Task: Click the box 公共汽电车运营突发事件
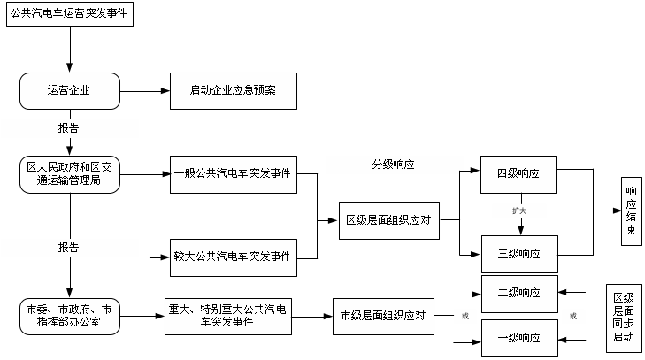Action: coord(69,16)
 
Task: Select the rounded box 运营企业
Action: coord(69,90)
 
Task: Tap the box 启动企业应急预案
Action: coord(233,90)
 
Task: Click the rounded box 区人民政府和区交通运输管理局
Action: coord(69,172)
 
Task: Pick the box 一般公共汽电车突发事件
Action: coord(233,172)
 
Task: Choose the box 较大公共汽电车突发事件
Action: coord(233,257)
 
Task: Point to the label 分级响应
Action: coord(394,165)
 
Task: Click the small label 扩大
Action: coord(519,211)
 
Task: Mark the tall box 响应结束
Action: coord(631,211)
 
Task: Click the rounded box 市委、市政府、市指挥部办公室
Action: coord(69,316)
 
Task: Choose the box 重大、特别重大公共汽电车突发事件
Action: coord(229,316)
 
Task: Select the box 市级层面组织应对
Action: coord(384,316)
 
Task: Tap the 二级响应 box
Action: coord(519,293)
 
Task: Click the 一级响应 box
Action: coord(519,338)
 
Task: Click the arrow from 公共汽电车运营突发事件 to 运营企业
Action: coord(69,50)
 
